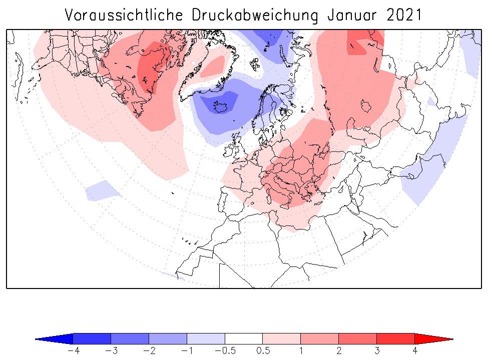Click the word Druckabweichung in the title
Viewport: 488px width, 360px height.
255,15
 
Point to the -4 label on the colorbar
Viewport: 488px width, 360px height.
73,351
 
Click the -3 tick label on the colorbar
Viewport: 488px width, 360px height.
111,351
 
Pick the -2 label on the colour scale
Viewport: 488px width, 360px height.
149,351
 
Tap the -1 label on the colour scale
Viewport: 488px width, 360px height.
187,351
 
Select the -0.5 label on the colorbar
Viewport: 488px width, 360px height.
225,351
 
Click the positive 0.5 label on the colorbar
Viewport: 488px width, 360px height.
263,351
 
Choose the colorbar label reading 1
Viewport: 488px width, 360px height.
301,351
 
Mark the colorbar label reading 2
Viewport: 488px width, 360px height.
339,351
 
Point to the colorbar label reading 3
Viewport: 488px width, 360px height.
377,351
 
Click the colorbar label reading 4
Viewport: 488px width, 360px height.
415,351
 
